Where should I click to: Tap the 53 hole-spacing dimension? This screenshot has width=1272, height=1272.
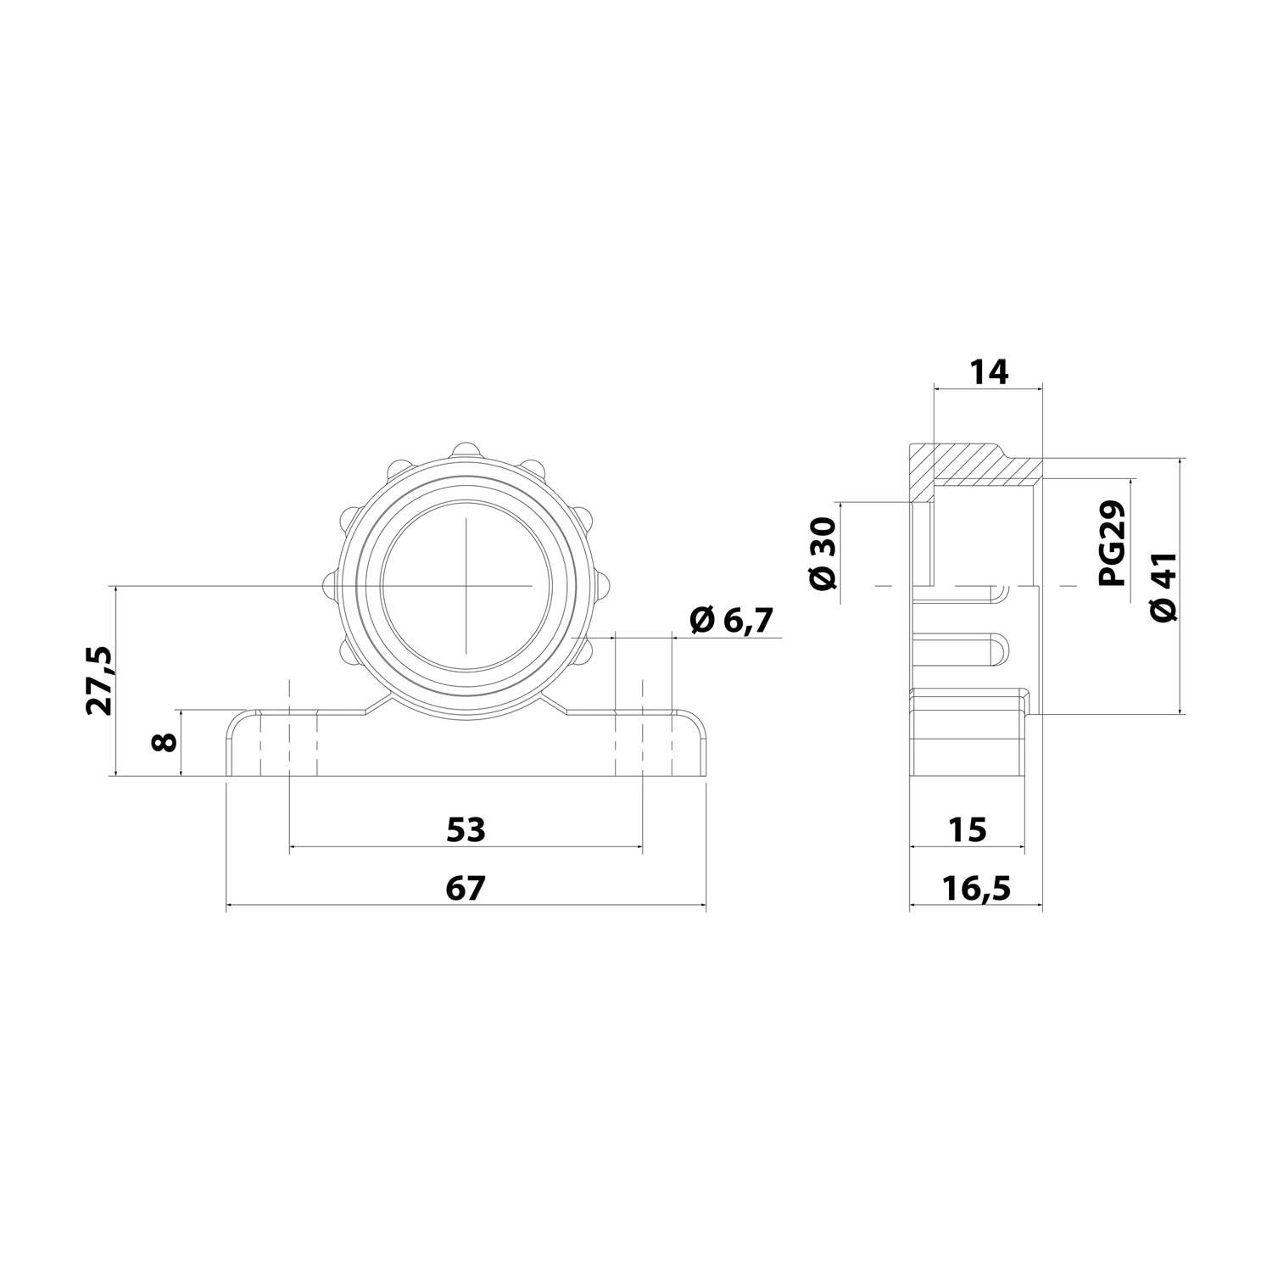coord(466,829)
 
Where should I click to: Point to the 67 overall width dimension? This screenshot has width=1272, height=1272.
coord(466,888)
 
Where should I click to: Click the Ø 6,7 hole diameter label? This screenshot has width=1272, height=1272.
coord(731,621)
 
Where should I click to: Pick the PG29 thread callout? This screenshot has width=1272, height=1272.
coord(1112,543)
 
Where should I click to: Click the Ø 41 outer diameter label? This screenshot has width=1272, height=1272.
coord(1165,587)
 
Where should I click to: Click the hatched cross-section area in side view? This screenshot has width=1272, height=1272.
coord(967,464)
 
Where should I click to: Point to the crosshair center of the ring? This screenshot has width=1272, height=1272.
coord(466,585)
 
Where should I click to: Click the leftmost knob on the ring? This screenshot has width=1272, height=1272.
coord(329,583)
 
